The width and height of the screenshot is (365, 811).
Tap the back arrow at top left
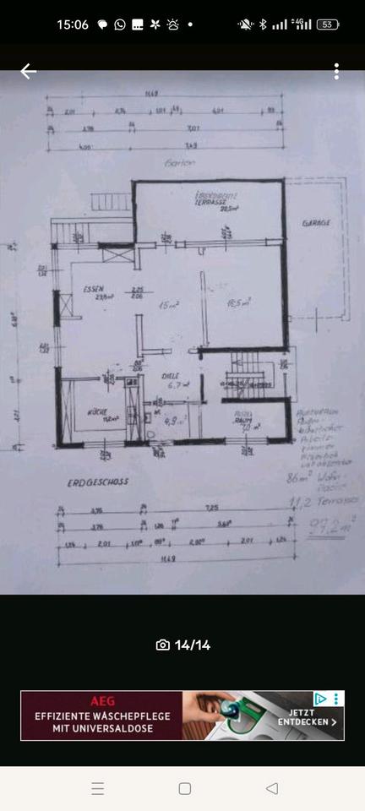click(x=28, y=72)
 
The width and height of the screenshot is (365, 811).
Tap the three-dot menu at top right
click(x=336, y=72)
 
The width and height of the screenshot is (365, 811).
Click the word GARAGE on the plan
click(x=316, y=223)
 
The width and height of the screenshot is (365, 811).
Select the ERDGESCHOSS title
click(x=97, y=482)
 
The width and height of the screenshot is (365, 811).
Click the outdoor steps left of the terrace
click(x=108, y=202)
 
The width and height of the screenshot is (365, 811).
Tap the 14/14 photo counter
click(x=183, y=645)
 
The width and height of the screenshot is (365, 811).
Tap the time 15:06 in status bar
click(x=73, y=24)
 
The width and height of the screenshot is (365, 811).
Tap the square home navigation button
click(x=184, y=788)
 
